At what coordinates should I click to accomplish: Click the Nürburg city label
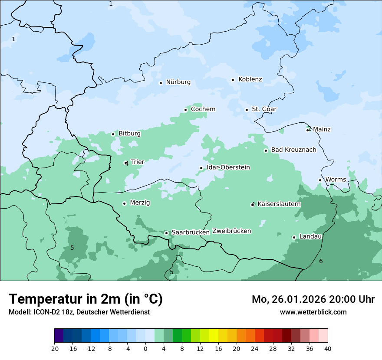point(178,82)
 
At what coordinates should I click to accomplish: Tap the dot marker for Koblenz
point(233,80)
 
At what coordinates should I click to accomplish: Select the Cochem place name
point(203,109)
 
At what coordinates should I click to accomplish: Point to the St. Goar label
point(264,109)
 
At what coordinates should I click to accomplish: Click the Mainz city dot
point(308,130)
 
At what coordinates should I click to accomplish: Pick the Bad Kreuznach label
point(293,150)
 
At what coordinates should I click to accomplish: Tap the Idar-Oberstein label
point(228,167)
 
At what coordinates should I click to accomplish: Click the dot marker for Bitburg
point(113,134)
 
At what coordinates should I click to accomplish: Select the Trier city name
point(137,162)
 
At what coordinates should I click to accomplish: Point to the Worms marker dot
point(320,180)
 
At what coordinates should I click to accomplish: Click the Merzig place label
point(140,203)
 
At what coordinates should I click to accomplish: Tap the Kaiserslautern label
point(279,204)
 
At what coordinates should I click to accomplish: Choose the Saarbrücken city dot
point(166,233)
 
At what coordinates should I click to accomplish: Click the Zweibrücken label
point(231,231)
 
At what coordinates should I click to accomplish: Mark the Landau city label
point(310,237)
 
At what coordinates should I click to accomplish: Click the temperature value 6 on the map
point(321,261)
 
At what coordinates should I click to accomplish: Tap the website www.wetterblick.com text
point(313,312)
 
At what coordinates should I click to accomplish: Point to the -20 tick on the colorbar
point(54,349)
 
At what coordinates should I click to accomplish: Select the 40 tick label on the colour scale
point(327,349)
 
